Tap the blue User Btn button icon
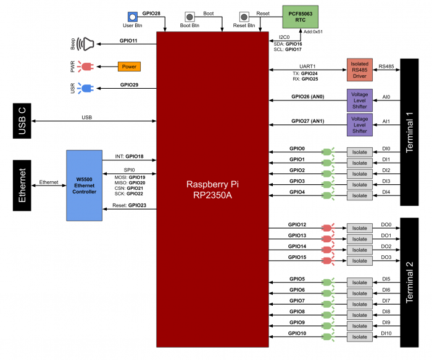(x=132, y=17)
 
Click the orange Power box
(x=129, y=67)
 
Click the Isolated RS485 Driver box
(x=360, y=70)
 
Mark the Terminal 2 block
(x=409, y=282)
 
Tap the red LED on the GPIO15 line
(x=327, y=261)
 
